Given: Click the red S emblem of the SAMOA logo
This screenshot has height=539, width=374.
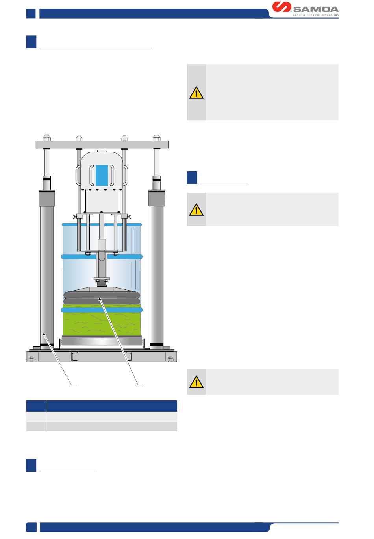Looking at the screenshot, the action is [x=281, y=7].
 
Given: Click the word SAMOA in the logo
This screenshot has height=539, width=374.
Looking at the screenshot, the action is [x=316, y=9].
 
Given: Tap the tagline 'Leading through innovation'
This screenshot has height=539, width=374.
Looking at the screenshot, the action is [x=316, y=15].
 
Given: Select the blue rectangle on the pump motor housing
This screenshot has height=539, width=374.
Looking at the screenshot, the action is [x=102, y=175].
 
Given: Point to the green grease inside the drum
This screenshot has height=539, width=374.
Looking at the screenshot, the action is [x=102, y=323].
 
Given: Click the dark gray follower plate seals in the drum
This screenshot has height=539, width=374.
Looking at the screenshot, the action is [x=102, y=298].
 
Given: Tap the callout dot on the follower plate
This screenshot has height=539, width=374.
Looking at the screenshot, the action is [x=100, y=300].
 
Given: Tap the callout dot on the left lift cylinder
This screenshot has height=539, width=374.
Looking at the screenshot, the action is [x=44, y=335].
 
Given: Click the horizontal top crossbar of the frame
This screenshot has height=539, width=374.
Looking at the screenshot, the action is [x=102, y=144].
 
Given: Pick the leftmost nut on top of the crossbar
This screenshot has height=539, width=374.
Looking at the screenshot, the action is [x=47, y=138].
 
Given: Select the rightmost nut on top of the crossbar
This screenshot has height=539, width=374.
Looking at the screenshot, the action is [x=156, y=138].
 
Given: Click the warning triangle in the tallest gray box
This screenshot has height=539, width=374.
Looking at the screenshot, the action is [x=196, y=93].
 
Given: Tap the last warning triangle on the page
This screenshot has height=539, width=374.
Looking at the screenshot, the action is [x=196, y=382].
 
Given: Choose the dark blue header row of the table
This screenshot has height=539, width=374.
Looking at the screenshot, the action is [x=102, y=406].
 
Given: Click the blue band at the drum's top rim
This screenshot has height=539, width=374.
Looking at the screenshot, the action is [x=102, y=225].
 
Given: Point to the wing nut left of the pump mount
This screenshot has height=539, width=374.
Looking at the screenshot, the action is [x=75, y=216].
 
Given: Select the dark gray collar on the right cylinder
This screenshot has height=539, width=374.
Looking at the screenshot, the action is [x=156, y=198].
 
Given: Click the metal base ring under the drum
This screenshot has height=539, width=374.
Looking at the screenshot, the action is [x=102, y=341].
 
